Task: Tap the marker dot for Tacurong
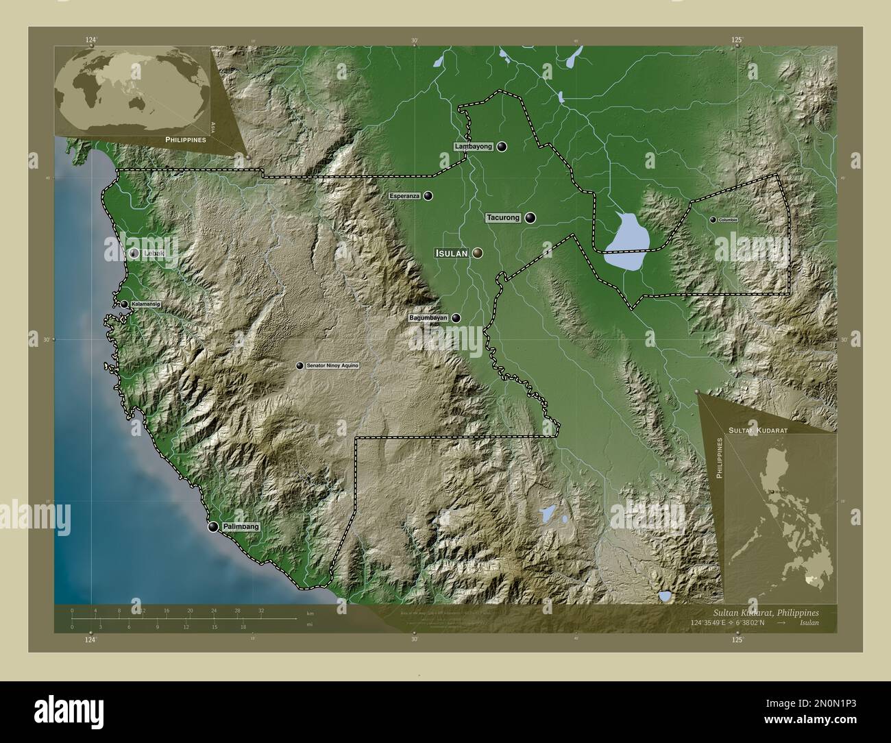pyautogui.click(x=531, y=218)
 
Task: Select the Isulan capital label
pyautogui.click(x=452, y=253)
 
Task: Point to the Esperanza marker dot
pyautogui.click(x=428, y=196)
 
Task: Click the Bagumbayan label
pyautogui.click(x=428, y=318)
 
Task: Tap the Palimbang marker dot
pyautogui.click(x=214, y=526)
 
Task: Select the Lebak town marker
pyautogui.click(x=134, y=253)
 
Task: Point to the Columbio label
pyautogui.click(x=728, y=219)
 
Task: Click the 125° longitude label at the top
pyautogui.click(x=737, y=40)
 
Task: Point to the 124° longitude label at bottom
pyautogui.click(x=90, y=640)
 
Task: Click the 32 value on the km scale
pyautogui.click(x=261, y=609)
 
